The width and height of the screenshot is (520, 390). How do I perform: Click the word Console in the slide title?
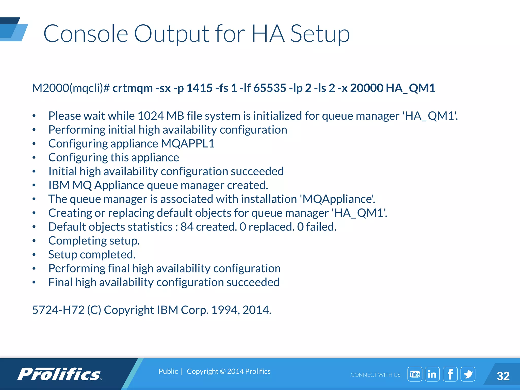coord(86,34)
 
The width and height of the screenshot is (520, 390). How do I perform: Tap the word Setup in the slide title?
coord(320,34)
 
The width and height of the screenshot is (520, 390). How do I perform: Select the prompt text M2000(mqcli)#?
coord(71,88)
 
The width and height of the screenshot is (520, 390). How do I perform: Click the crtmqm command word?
coord(132,88)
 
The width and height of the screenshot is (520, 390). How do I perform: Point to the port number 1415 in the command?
coord(199,88)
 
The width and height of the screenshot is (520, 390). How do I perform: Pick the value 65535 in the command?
coord(270,88)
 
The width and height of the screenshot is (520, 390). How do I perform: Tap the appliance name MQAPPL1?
coord(188,143)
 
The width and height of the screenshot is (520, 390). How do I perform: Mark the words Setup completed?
coord(92,254)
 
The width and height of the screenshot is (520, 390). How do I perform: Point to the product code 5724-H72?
coord(58,310)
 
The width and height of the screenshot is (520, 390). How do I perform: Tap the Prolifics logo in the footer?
coord(60,374)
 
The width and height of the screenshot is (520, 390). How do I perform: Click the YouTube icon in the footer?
coord(415,374)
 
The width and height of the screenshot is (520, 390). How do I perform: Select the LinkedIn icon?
coord(432,374)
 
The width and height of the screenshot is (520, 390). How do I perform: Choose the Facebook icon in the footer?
coord(450,374)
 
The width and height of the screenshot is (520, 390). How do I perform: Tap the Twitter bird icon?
coord(468,374)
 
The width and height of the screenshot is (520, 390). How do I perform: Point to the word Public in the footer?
coord(168,371)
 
